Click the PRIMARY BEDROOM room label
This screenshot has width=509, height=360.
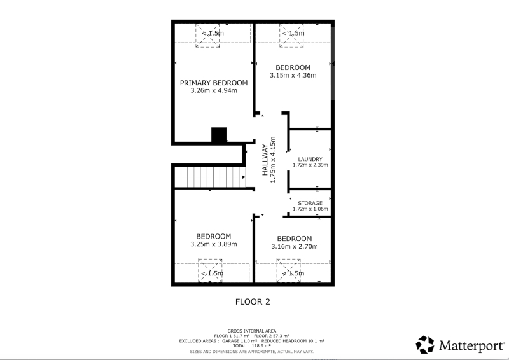214,83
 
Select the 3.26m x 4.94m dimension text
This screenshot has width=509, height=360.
214,90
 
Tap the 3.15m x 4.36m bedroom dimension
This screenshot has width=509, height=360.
293,75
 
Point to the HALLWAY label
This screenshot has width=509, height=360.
265,160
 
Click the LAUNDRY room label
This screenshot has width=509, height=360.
310,159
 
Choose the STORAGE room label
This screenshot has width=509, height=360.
310,203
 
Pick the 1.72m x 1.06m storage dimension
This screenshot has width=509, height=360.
310,209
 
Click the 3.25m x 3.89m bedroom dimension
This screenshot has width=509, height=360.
214,244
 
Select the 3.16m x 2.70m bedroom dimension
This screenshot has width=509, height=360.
295,246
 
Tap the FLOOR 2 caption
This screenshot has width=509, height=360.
253,302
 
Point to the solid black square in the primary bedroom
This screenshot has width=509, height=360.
219,135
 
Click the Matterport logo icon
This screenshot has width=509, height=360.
425,345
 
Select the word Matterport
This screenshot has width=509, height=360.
472,345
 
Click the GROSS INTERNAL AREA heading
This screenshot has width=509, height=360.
252,331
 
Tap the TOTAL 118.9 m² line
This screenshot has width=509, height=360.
252,346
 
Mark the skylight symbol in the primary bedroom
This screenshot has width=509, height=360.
207,36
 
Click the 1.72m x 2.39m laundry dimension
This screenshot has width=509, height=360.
310,165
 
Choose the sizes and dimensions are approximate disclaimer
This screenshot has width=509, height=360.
252,352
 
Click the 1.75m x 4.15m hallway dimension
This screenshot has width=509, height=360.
273,160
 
